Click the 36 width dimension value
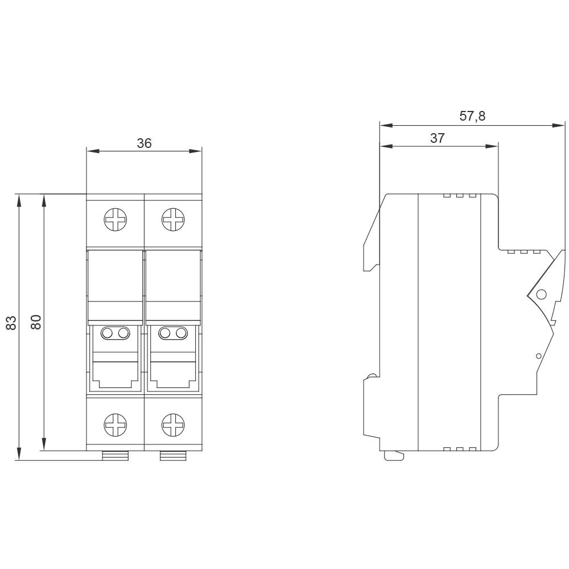(144, 143)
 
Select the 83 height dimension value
(10, 323)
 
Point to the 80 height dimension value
(35, 323)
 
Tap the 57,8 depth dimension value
(472, 117)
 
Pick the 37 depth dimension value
(437, 138)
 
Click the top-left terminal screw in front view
(116, 220)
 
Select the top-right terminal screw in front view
(172, 220)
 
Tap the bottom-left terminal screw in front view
(116, 424)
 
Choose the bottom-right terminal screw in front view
(172, 424)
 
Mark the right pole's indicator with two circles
(173, 333)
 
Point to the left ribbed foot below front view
(116, 455)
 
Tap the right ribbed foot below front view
(173, 455)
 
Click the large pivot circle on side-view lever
(541, 294)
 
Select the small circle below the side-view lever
(539, 356)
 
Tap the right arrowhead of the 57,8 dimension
(559, 125)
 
